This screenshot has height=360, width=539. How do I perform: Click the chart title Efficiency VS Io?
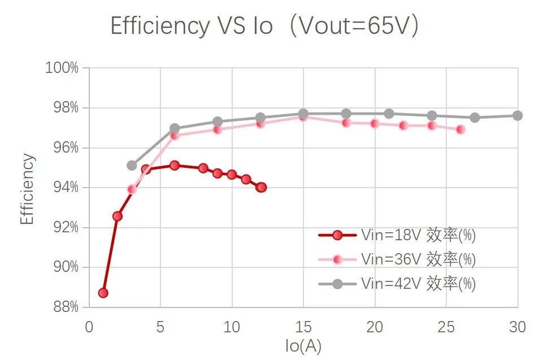point(264,26)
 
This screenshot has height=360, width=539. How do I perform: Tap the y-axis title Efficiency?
point(27,189)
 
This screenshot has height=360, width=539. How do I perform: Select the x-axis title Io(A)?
point(303,345)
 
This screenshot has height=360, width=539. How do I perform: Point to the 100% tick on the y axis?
point(62,68)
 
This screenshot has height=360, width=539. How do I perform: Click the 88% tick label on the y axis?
point(64,307)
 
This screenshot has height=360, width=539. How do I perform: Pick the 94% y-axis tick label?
point(64,188)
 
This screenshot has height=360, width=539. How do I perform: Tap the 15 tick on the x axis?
point(303,327)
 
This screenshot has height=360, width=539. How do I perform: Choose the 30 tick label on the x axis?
point(517,327)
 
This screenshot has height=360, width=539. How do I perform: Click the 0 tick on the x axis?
point(89,327)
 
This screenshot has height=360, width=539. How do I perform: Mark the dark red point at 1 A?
point(103,293)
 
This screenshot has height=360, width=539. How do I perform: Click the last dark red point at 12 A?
point(260,187)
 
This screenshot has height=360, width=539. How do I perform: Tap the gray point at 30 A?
point(517,115)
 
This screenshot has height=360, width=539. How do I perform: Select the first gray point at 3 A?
point(132,165)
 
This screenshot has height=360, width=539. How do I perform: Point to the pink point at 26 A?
point(460,129)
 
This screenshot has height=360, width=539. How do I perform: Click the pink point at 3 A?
point(132,189)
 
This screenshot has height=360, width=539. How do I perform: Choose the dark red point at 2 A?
point(118,216)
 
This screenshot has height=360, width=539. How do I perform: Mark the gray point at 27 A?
point(475,118)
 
